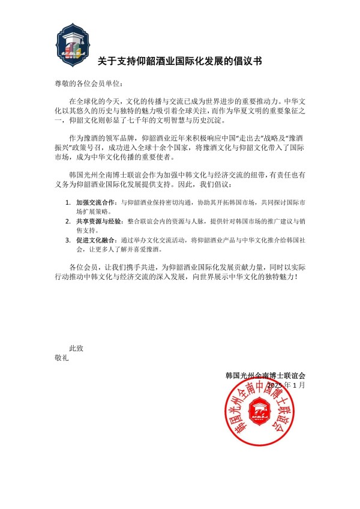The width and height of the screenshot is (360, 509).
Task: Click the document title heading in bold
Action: pyautogui.click(x=179, y=61)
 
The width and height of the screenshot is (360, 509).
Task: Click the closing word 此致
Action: pyautogui.click(x=77, y=348)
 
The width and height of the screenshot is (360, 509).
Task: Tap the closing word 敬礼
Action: pyautogui.click(x=62, y=358)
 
